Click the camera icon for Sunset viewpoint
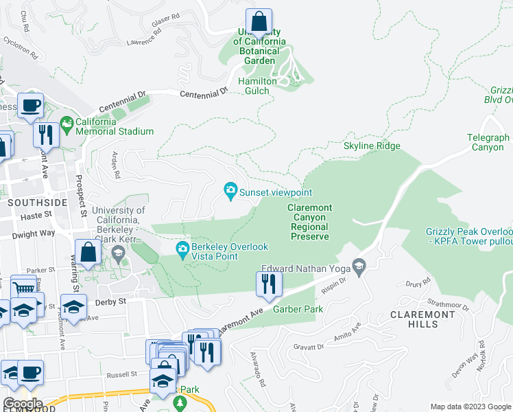[231, 190]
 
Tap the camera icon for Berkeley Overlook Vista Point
[182, 248]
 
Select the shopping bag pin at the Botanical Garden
[259, 22]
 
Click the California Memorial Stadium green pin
[67, 124]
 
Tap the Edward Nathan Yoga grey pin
[357, 265]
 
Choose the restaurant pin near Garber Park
[268, 284]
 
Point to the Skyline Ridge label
[372, 146]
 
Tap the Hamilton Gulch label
[257, 81]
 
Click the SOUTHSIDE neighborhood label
[38, 203]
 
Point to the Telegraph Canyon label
[489, 142]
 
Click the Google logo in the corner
[22, 404]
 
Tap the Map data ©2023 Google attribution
[470, 407]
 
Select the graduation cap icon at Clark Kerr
[117, 255]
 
